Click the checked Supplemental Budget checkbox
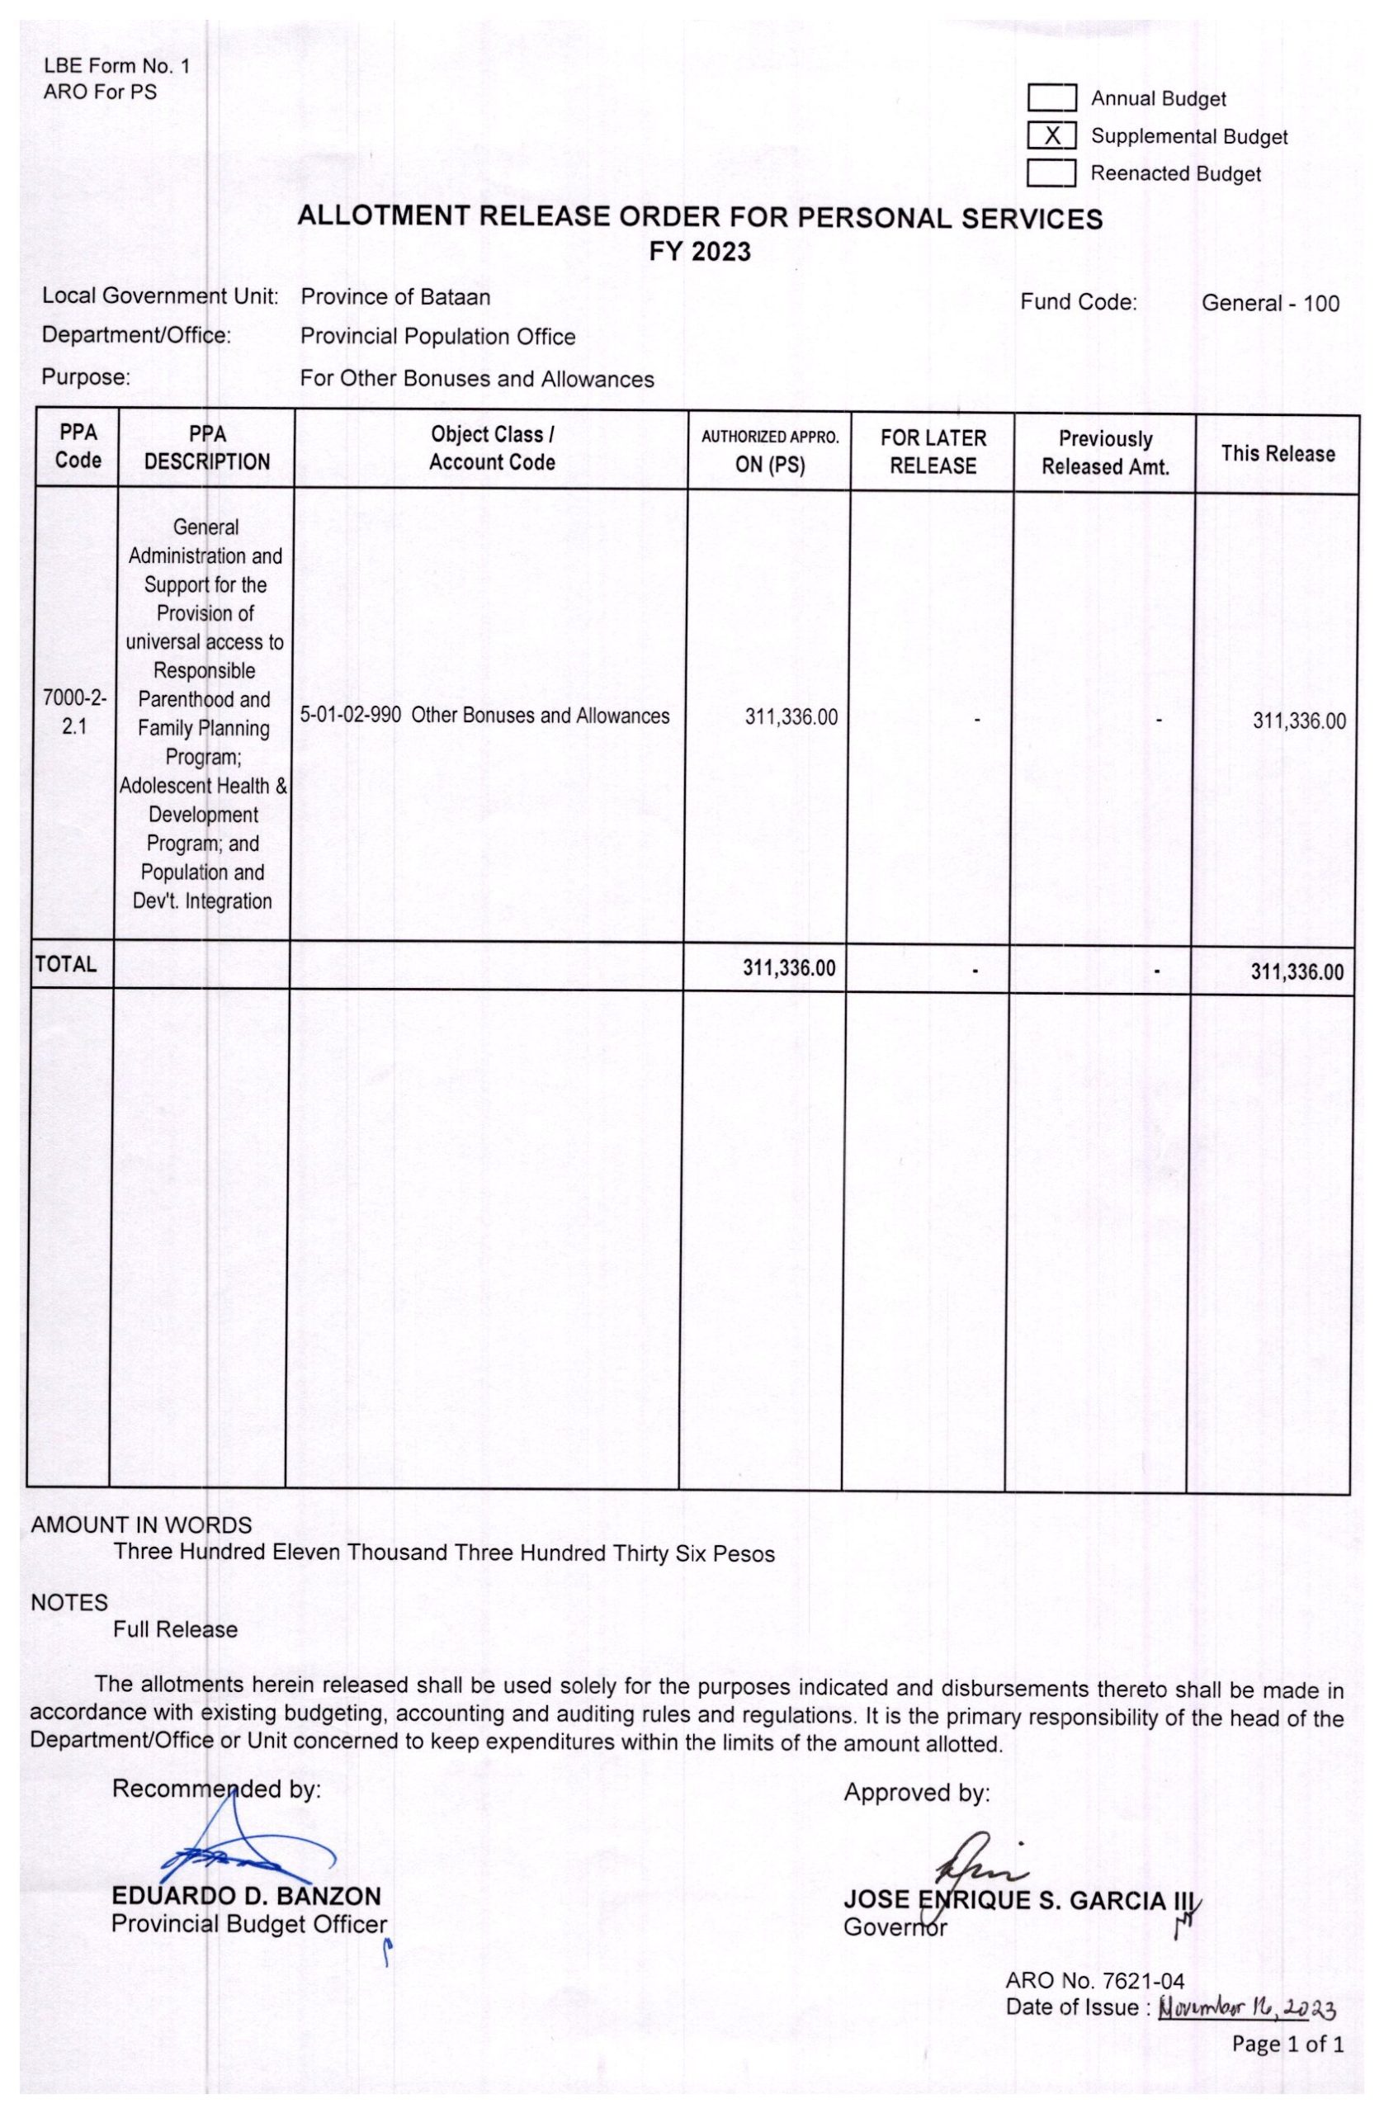(x=1051, y=136)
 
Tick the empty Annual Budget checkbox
(x=1051, y=97)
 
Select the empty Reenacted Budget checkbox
(x=1051, y=173)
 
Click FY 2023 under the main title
(x=700, y=252)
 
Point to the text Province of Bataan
(x=395, y=296)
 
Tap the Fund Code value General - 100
(x=1269, y=303)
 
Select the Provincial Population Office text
(x=437, y=337)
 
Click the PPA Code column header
(x=78, y=447)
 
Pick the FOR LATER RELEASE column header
(x=933, y=451)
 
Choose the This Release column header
(x=1277, y=454)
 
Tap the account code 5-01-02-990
(x=351, y=716)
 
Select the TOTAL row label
(x=66, y=964)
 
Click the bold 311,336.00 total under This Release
(x=1297, y=971)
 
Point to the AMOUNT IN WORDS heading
(x=141, y=1524)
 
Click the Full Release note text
(x=175, y=1629)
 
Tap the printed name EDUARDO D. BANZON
(x=246, y=1895)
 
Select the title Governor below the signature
(x=895, y=1926)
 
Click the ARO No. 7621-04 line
(x=1094, y=1981)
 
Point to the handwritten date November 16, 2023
(x=1246, y=2007)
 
